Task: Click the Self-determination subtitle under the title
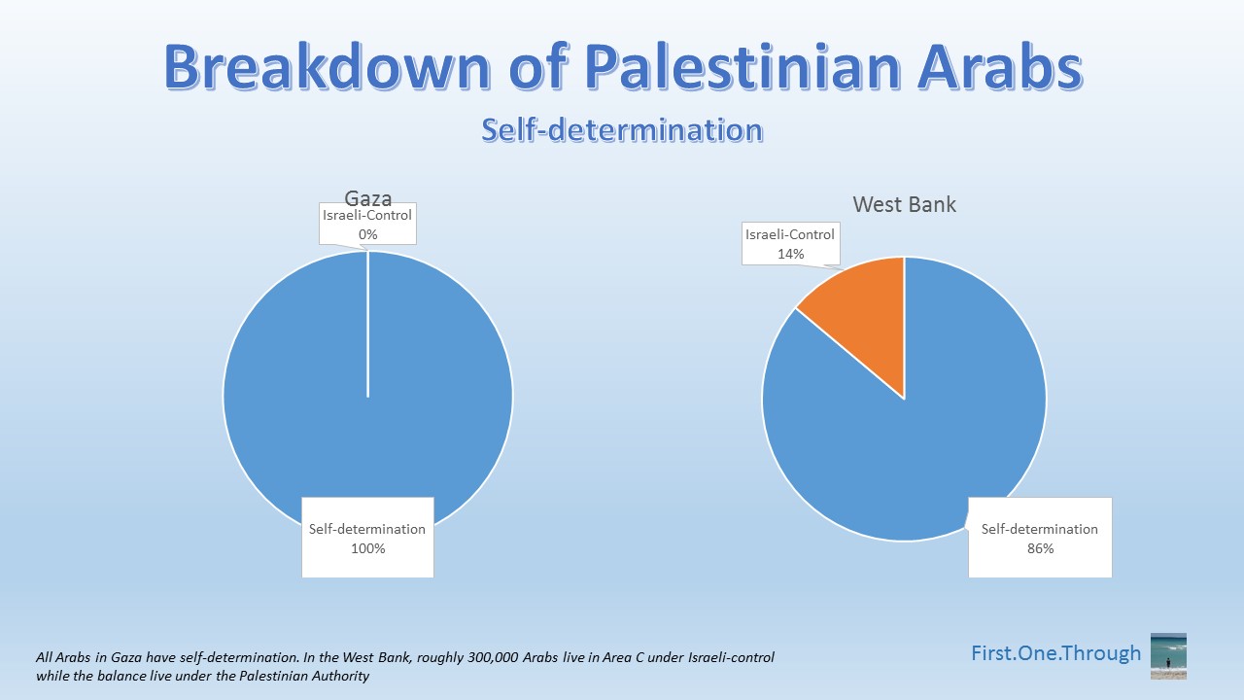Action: (621, 129)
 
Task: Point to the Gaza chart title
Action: (368, 199)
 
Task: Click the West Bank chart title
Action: (904, 204)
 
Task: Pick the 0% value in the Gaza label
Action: (367, 234)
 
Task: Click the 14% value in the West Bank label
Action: (790, 254)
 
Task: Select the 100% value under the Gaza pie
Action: (367, 548)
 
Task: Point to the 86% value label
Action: (1039, 548)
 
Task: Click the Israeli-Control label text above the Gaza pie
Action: (367, 215)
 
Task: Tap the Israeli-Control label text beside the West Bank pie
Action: (790, 234)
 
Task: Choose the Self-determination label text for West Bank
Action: (1039, 529)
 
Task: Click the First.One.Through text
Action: (1055, 653)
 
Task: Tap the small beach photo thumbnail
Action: (1168, 656)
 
